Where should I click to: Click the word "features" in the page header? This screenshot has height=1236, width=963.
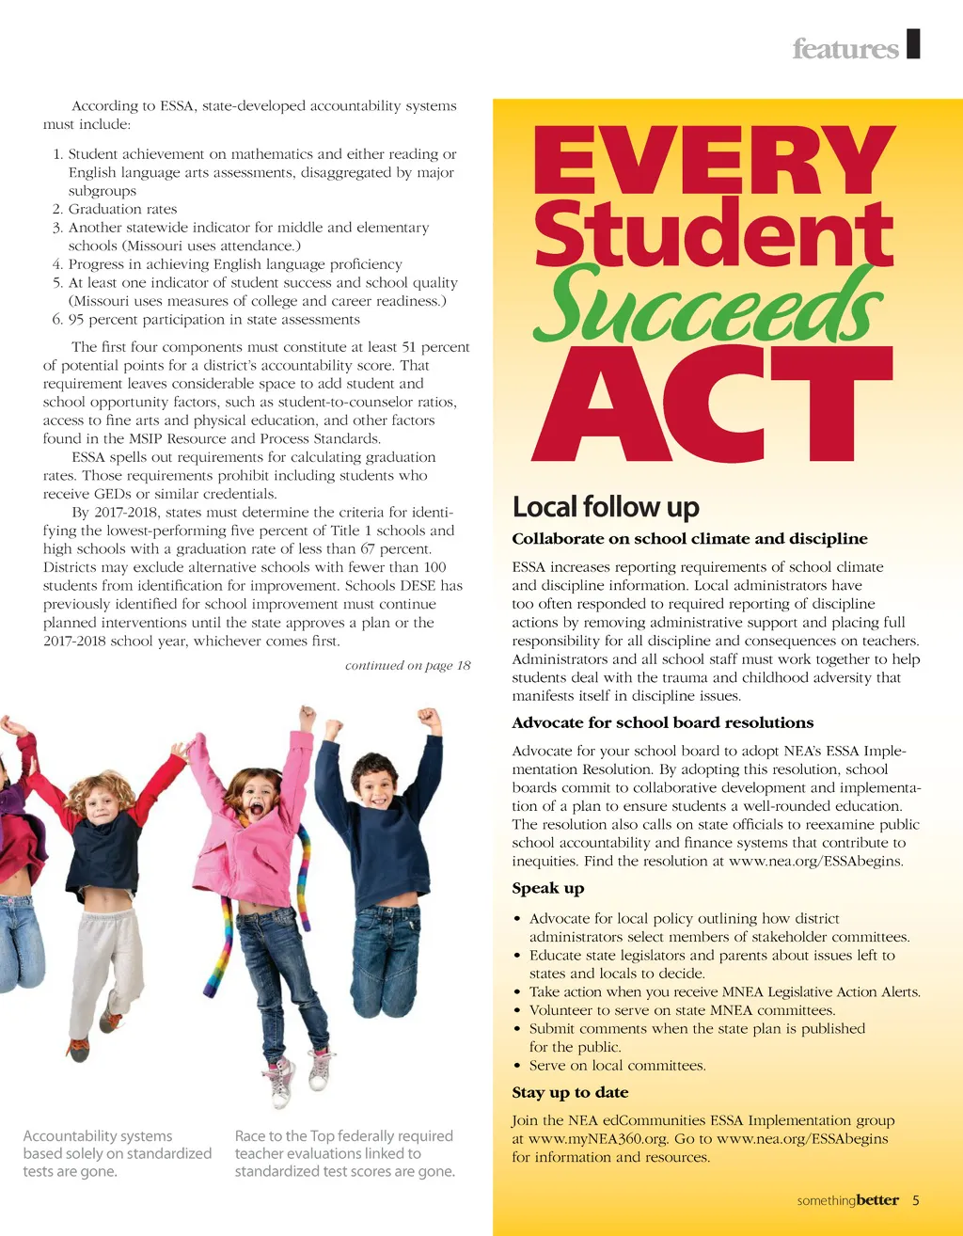pos(845,48)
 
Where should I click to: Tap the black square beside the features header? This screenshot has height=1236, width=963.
pos(913,43)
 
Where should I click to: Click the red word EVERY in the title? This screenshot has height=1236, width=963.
pos(714,162)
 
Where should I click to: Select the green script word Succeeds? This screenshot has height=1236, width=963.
pos(708,306)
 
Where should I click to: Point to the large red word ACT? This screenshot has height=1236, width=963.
pos(712,405)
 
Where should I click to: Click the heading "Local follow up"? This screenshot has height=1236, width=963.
pos(606,507)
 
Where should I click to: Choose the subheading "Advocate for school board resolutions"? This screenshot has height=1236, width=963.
pos(662,722)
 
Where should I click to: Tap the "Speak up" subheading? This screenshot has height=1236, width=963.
pos(547,888)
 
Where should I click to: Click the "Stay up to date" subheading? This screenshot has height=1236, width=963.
pos(570,1092)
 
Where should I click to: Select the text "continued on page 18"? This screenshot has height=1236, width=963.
pos(407,665)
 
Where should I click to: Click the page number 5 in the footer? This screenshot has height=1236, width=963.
pos(916,1200)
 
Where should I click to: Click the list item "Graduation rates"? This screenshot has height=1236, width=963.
pos(122,209)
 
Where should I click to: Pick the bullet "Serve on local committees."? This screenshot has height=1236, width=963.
pos(617,1066)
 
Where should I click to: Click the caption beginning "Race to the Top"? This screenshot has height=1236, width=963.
pos(344,1153)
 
